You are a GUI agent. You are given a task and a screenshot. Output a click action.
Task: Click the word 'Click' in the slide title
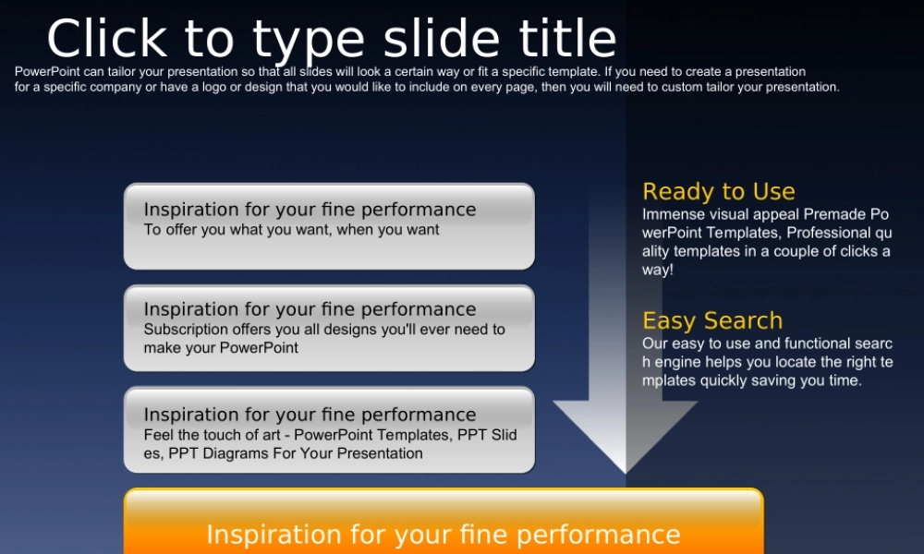click(106, 38)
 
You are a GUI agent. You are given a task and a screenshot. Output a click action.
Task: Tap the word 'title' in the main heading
click(567, 38)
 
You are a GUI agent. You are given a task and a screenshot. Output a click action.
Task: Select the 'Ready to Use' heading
click(718, 192)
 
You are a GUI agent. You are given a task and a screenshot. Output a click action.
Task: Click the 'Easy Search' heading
click(712, 321)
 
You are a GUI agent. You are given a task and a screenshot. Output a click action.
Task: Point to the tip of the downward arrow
click(626, 473)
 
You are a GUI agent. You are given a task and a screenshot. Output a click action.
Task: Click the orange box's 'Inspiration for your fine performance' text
click(444, 535)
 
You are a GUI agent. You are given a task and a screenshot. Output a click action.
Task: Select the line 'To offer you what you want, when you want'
click(291, 230)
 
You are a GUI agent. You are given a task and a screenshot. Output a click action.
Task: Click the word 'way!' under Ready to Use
click(658, 271)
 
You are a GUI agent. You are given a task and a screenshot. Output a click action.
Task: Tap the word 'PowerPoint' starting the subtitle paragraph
click(47, 72)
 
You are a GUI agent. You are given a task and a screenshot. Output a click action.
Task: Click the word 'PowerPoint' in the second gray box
click(259, 348)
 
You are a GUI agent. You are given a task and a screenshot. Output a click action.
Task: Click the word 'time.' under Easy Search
click(845, 380)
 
